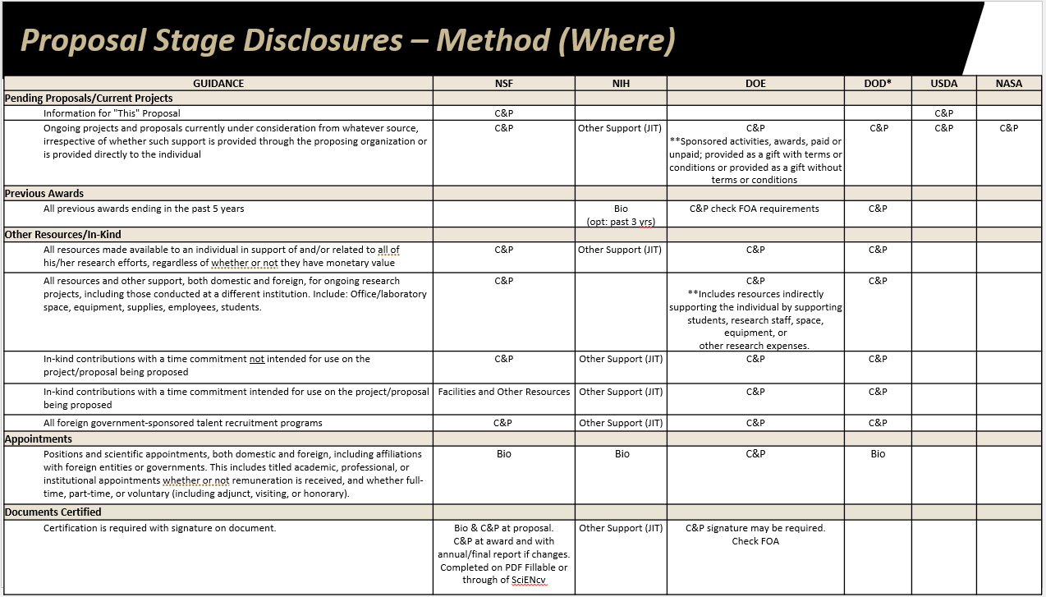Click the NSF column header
[503, 83]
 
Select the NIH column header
[621, 83]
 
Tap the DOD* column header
[878, 83]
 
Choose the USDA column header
[943, 83]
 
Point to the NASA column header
[1008, 83]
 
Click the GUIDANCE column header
[218, 83]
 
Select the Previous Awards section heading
[44, 194]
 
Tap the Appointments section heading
[39, 439]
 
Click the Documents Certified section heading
[53, 512]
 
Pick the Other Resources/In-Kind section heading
[63, 234]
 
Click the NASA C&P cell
[1008, 128]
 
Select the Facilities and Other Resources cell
[504, 392]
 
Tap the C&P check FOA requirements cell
[755, 209]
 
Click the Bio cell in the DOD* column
[878, 454]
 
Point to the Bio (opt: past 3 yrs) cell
[622, 215]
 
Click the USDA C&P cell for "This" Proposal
[943, 113]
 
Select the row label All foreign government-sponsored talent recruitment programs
[183, 423]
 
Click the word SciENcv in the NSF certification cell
[529, 581]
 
